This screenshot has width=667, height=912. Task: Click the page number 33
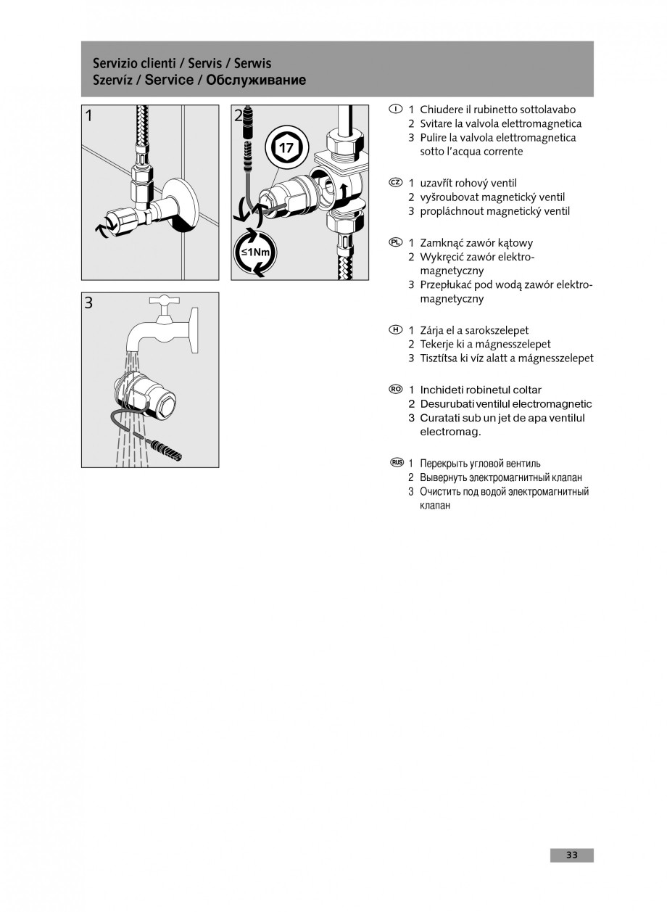coord(572,855)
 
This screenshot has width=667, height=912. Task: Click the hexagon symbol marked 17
coord(286,149)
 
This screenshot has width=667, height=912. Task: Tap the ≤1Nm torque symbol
coord(255,252)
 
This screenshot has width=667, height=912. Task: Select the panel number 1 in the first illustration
coord(88,115)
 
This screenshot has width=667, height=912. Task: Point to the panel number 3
coord(88,303)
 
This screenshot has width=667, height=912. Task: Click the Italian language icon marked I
coord(394,109)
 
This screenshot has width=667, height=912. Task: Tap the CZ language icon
coord(394,183)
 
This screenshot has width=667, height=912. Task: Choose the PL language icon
coord(394,242)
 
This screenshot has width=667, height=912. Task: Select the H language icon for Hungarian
coord(394,330)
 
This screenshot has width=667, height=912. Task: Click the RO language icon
coord(395,390)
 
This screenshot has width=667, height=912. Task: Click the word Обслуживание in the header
coord(256,81)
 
